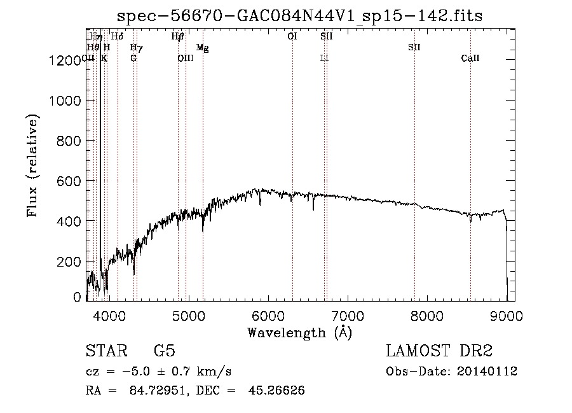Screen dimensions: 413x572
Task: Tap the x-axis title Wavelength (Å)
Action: coord(299,332)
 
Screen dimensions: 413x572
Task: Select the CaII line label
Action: coord(470,59)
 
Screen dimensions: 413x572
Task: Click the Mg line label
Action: coord(202,48)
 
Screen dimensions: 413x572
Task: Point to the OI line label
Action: coord(292,37)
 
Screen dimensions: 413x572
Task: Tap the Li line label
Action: coord(324,59)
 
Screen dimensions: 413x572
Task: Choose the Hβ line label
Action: coord(178,37)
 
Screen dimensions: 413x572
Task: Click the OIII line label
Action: coord(185,59)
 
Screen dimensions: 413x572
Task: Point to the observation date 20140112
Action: coord(487,372)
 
